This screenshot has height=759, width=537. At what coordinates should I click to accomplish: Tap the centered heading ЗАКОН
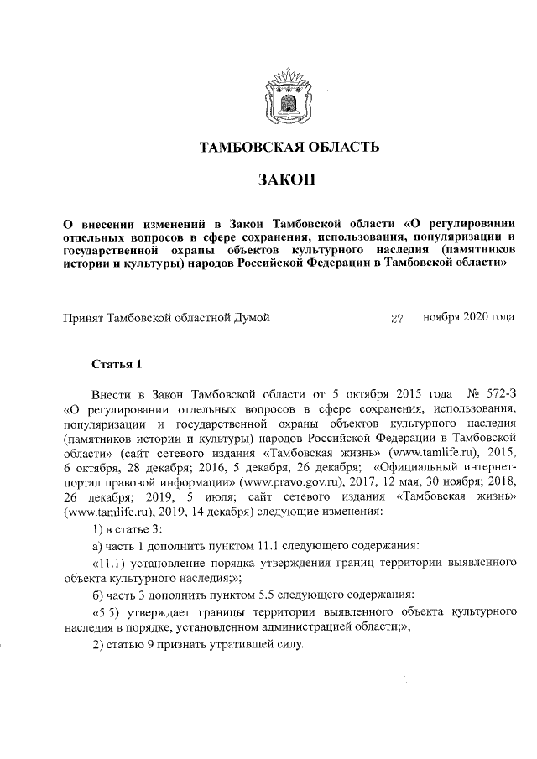[x=289, y=179]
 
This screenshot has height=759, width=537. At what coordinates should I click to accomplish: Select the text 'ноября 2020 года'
[x=468, y=318]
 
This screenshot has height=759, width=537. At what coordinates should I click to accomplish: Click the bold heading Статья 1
[x=117, y=364]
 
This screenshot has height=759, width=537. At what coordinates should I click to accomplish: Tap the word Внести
[x=112, y=393]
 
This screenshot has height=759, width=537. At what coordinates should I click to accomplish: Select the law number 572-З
[x=497, y=393]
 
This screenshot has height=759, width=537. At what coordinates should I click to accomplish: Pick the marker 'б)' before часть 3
[x=99, y=595]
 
